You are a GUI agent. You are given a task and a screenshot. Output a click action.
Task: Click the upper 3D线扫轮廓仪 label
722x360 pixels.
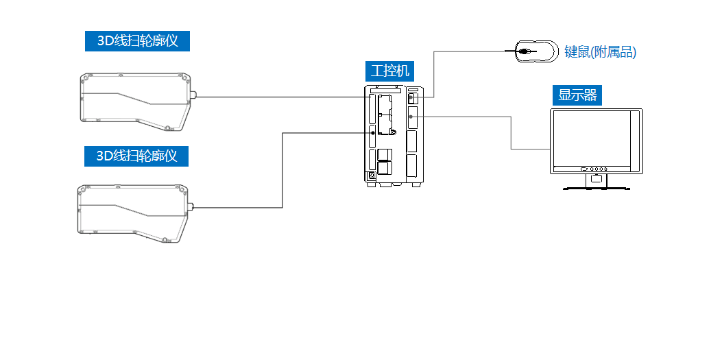tap(137, 41)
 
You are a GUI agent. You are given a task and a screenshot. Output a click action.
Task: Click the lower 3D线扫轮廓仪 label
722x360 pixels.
tap(136, 156)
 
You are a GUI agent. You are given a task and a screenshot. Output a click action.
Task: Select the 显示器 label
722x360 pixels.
tap(578, 95)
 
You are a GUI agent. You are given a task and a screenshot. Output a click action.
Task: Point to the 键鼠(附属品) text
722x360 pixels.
tap(601, 51)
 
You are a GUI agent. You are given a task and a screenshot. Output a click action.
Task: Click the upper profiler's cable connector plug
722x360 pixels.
tap(193, 97)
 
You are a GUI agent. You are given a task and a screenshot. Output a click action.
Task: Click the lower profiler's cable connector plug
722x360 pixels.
tap(191, 207)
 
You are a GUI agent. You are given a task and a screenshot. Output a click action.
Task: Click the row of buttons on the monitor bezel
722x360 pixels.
tap(594, 169)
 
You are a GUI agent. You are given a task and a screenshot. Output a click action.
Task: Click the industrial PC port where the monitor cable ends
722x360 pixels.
tap(411, 117)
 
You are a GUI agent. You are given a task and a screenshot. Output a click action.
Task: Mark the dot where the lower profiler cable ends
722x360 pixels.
tap(373, 133)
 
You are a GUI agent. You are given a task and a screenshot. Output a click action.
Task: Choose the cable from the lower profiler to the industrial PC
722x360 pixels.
tap(282, 171)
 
